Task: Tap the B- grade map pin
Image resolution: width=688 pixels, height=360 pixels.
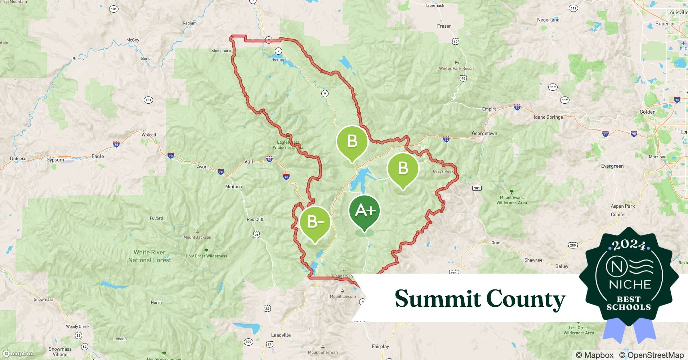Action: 315,222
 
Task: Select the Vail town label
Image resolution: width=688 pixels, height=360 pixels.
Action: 249,162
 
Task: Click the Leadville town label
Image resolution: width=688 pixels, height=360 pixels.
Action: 281,335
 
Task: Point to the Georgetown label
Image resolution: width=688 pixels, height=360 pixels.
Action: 484,134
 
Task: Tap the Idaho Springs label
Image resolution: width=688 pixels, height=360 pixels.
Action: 548,117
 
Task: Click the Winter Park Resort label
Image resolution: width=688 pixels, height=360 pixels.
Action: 457,68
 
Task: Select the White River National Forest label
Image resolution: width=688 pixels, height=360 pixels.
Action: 149,256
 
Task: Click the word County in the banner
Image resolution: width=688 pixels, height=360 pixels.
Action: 526,299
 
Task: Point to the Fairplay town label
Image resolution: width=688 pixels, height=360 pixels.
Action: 380,347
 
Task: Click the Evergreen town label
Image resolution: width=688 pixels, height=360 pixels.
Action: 612,166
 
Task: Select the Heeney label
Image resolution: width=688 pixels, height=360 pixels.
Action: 278,60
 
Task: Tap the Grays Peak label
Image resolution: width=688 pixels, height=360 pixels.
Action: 443,171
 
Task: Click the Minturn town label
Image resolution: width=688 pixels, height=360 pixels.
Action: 233,186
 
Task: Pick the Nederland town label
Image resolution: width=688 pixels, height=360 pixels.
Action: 548,20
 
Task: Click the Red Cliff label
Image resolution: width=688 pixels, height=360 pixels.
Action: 255,220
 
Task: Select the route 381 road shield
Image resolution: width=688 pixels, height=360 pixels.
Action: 477,188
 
